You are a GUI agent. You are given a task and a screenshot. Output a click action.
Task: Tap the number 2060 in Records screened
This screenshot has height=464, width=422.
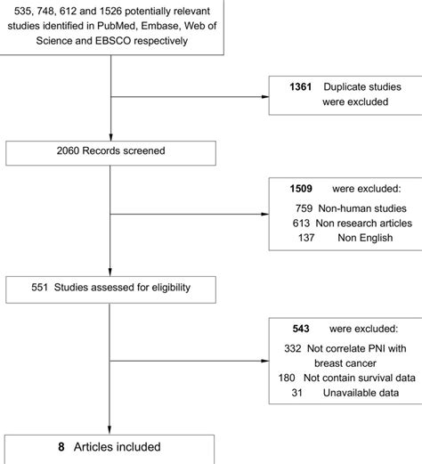click(x=71, y=151)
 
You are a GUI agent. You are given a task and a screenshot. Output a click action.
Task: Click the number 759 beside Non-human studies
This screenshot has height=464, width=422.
click(x=304, y=209)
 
